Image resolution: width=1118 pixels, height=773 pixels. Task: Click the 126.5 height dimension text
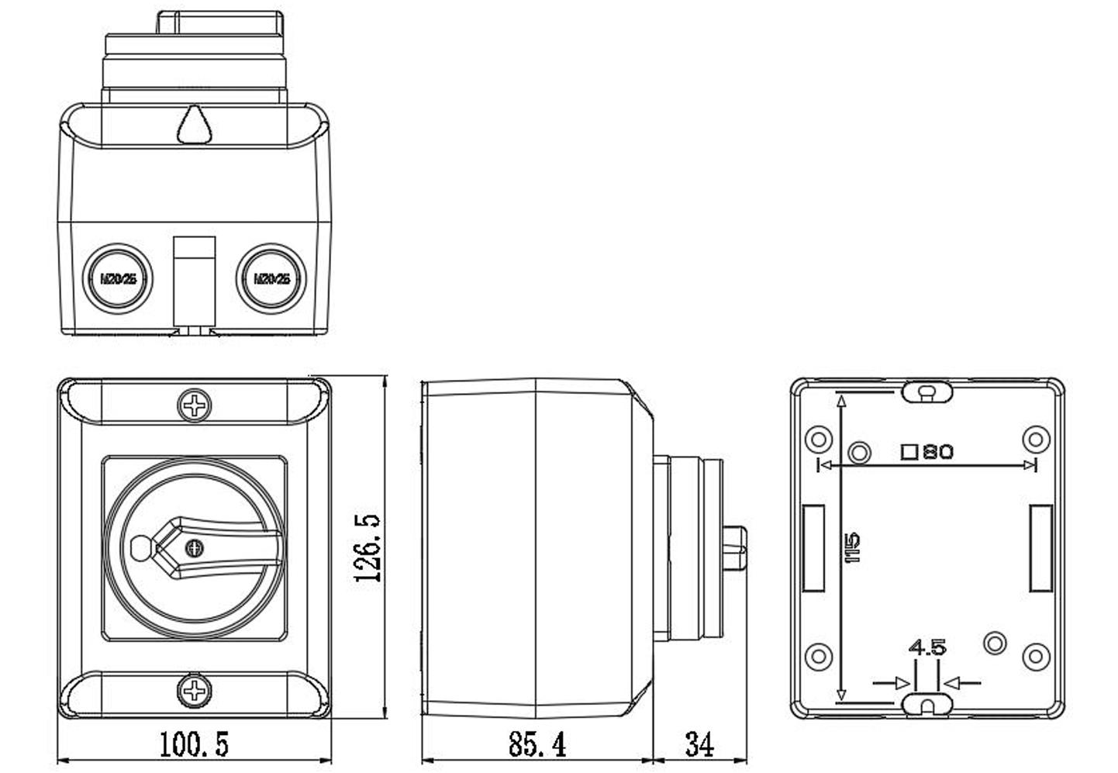(367, 547)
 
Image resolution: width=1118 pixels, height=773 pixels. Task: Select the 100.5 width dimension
(194, 744)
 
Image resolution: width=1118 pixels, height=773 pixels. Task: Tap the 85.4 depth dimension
(537, 744)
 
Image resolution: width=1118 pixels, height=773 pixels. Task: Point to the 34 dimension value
(699, 744)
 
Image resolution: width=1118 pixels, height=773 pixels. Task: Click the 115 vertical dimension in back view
(854, 547)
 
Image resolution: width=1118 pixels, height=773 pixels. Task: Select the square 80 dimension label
(927, 451)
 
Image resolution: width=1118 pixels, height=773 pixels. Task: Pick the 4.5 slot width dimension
(927, 647)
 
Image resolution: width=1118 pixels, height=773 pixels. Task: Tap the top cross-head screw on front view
(194, 405)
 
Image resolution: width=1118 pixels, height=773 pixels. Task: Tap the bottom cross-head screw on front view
(194, 689)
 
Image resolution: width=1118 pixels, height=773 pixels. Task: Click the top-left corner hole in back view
(819, 440)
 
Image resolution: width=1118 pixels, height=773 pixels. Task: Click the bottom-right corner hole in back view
(1036, 657)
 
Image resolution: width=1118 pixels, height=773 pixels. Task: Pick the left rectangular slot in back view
(813, 548)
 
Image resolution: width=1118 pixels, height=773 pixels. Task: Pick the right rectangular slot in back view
(1040, 548)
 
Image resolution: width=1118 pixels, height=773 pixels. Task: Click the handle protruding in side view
(737, 549)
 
